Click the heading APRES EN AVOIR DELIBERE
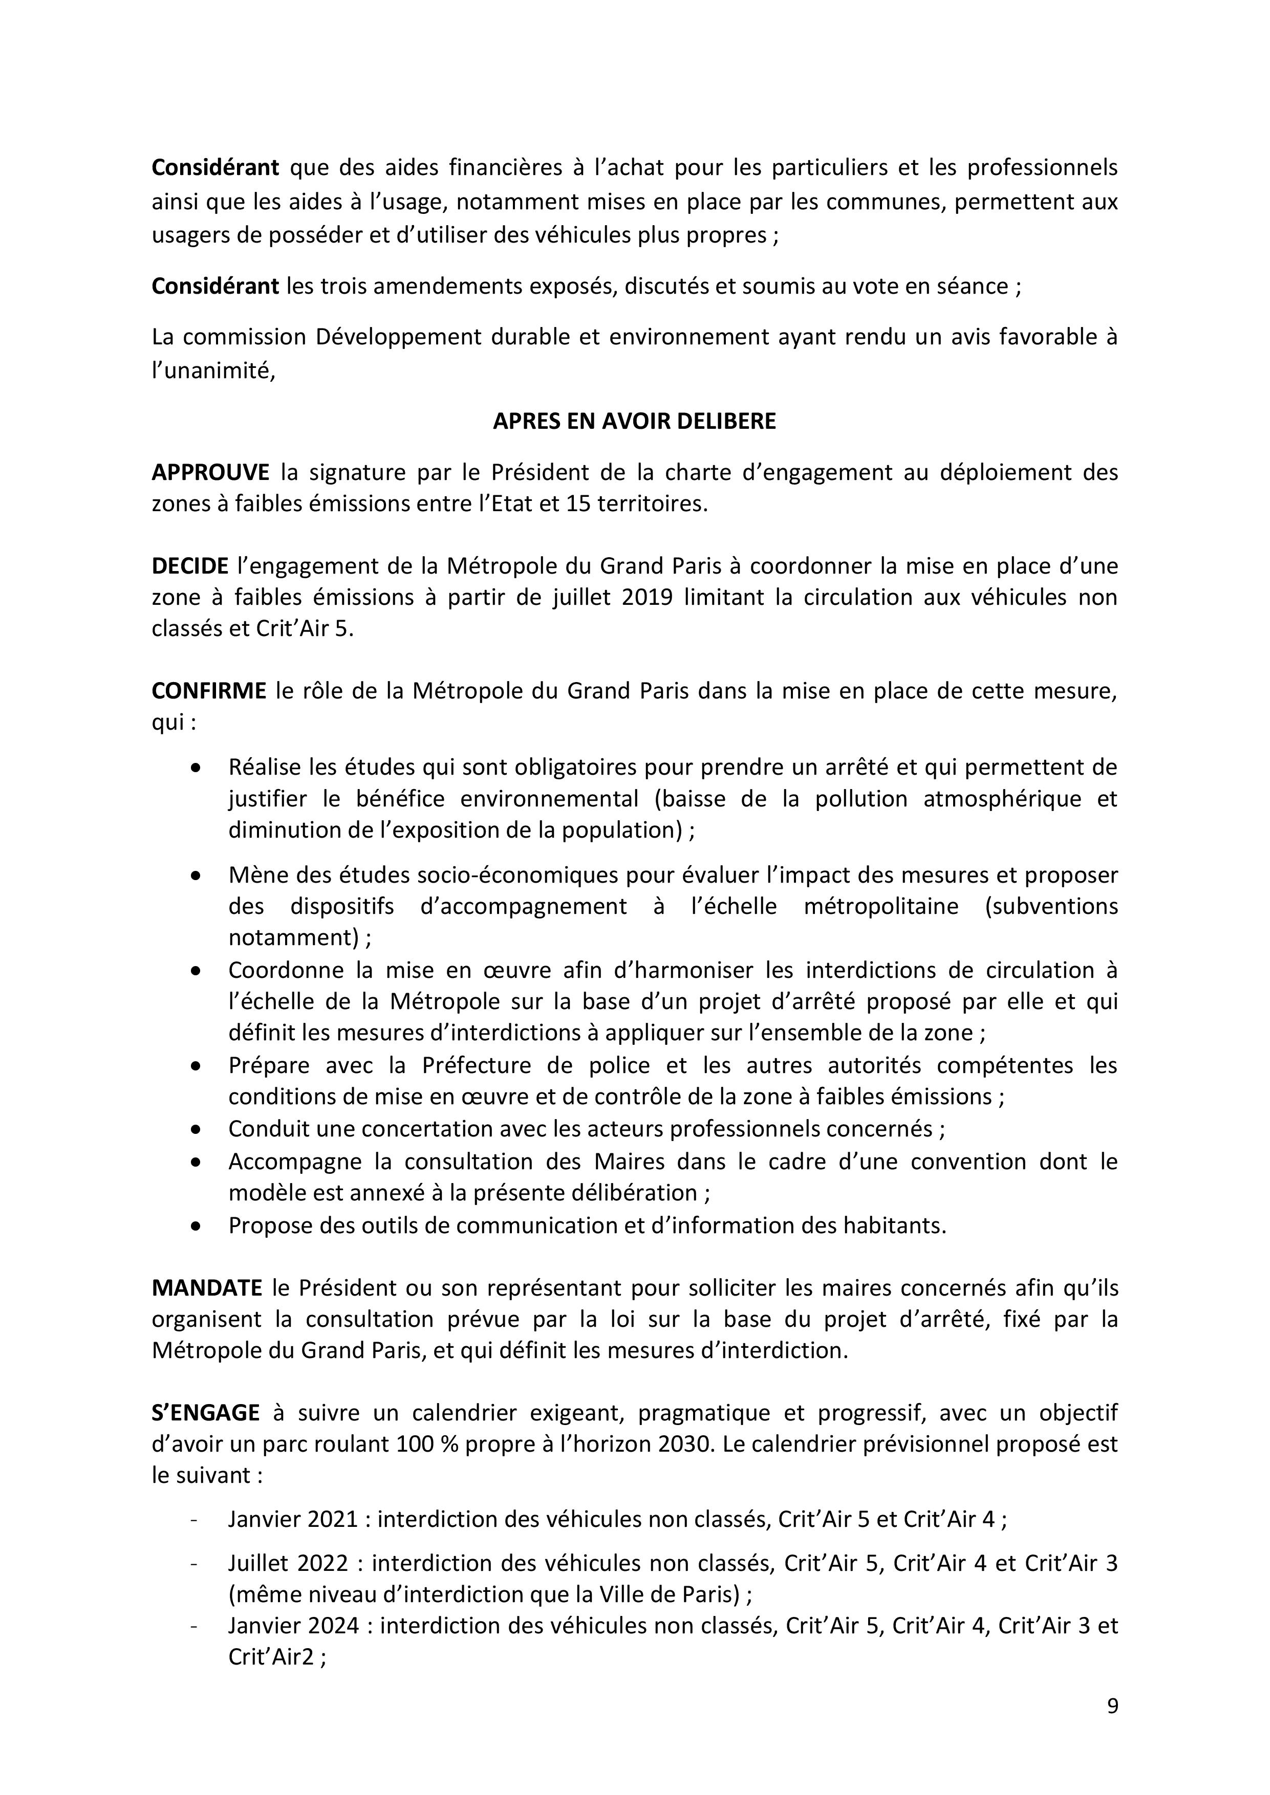point(634,422)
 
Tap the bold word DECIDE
point(190,566)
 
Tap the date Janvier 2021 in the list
point(292,1519)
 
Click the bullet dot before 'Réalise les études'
point(196,768)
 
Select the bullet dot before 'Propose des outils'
point(196,1227)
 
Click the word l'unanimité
point(213,371)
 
